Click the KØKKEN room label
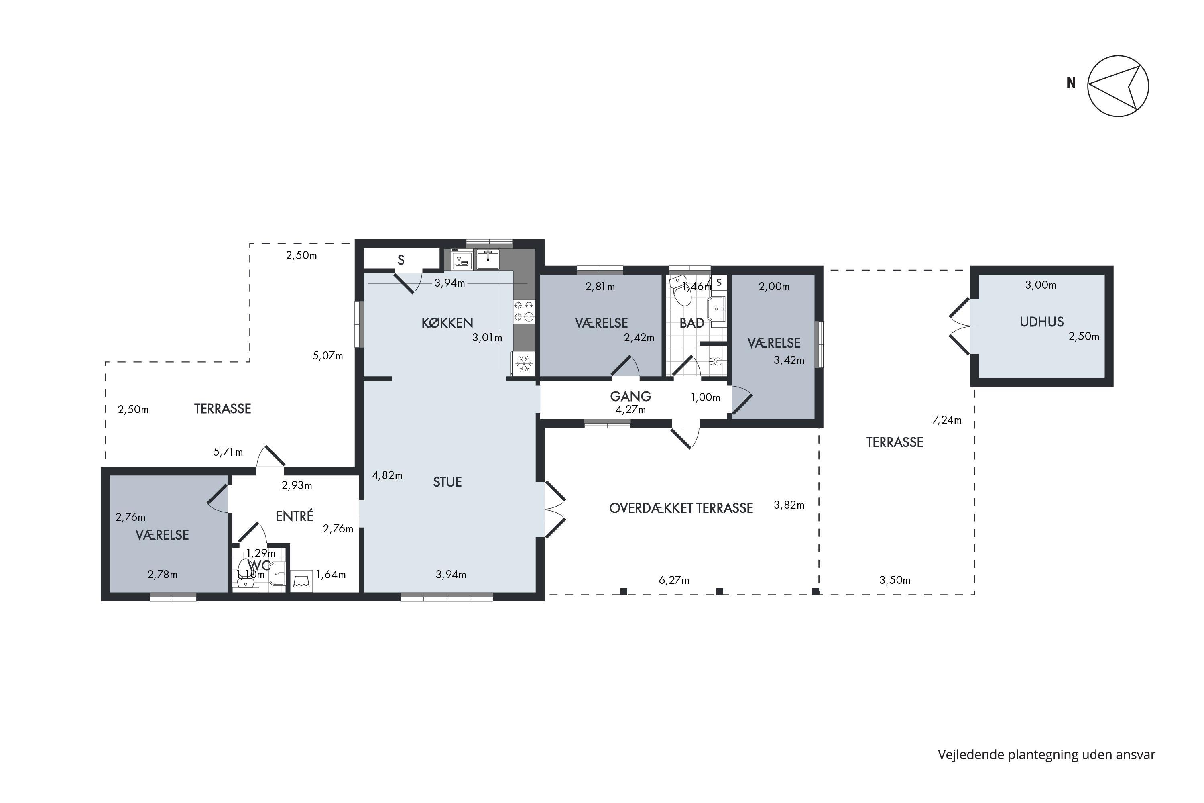pos(447,323)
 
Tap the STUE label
pos(447,482)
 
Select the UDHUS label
pos(1042,322)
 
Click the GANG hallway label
pos(630,396)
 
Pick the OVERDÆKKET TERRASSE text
pos(681,508)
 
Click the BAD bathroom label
pos(691,323)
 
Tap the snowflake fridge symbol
pos(523,364)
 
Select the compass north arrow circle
pos(1118,86)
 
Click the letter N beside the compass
pos(1071,82)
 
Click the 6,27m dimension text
pos(674,580)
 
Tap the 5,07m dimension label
pos(327,355)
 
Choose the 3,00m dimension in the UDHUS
pos(1041,285)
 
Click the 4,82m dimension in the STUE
pos(387,475)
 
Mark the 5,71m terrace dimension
pos(228,452)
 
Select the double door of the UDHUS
pos(960,326)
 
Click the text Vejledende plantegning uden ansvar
pos(1046,755)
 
